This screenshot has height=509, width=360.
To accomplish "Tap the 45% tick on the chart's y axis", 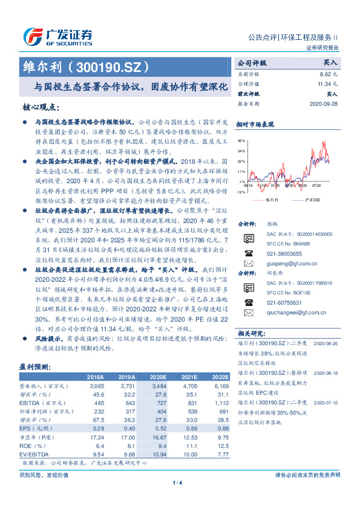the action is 241,140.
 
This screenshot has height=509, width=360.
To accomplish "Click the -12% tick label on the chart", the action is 241,192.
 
